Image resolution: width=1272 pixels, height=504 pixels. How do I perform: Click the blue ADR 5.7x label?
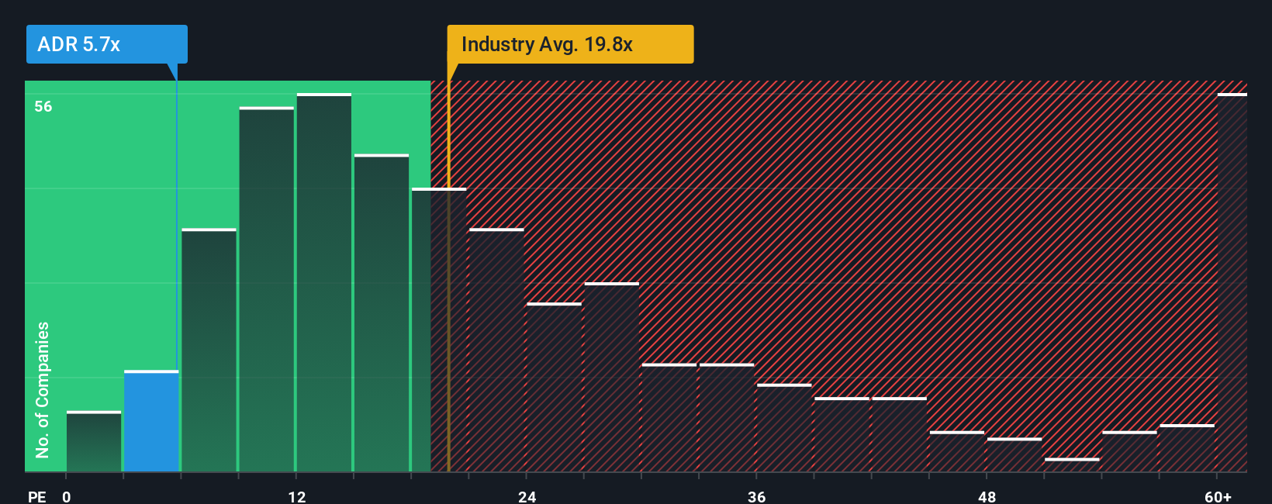[106, 44]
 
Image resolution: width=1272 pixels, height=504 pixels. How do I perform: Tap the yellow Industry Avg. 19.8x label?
[569, 44]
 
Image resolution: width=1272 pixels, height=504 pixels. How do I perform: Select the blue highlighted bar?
[151, 421]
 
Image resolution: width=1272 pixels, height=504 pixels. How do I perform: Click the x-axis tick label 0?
[67, 496]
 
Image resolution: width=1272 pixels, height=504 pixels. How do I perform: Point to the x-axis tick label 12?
[297, 496]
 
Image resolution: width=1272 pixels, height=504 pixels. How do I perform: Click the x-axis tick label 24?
[527, 496]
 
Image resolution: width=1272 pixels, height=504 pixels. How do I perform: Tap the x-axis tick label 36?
[757, 496]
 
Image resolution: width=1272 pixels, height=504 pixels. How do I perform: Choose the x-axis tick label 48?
[987, 496]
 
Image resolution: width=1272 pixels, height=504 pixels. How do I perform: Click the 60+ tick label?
[1218, 496]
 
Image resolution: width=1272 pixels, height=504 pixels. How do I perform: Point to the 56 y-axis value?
[43, 106]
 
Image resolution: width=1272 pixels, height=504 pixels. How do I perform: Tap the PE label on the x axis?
[36, 496]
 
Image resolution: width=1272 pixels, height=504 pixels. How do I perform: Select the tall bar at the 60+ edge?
[1232, 283]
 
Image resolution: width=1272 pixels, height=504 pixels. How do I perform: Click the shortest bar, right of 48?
[1072, 464]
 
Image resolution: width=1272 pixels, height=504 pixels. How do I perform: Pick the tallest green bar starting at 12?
[324, 283]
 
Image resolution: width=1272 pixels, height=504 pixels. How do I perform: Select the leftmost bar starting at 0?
[94, 441]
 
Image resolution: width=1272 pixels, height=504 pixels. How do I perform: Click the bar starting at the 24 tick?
[554, 387]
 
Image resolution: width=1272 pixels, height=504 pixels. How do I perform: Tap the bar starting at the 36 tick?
[784, 428]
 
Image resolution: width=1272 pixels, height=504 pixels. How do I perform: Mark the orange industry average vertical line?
[448, 310]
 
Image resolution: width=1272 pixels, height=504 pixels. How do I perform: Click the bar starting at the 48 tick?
[1014, 455]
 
